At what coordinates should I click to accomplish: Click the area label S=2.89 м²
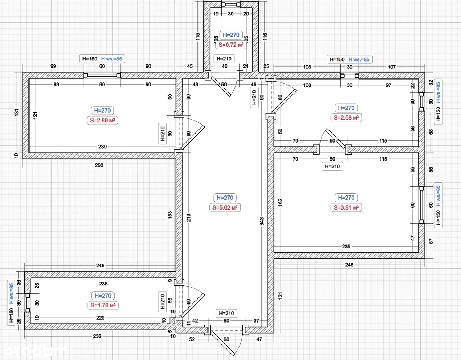pos(102,120)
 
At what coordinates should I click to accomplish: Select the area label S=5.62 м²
pos(225,207)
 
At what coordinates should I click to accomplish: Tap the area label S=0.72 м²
pos(231,45)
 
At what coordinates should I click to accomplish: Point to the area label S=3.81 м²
pos(346,207)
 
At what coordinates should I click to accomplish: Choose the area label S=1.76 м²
pos(103,305)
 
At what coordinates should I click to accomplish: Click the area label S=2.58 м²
pos(346,117)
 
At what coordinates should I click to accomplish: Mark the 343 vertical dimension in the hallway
pos(262,221)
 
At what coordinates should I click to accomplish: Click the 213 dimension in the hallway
pos(189,217)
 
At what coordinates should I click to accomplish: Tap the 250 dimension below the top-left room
pos(99,165)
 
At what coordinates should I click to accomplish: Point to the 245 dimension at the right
pos(349,265)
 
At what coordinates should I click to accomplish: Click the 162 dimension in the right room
pos(281,202)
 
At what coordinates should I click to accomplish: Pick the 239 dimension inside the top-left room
pos(102,147)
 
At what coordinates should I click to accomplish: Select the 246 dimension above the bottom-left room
pos(100,265)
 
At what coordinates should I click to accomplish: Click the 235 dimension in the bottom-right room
pos(346,247)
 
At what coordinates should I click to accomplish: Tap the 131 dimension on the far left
pos(16,112)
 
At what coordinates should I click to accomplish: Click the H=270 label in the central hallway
pos(225,198)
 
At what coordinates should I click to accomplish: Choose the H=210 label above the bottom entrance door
pos(227,313)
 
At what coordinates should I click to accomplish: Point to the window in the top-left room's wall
pos(102,75)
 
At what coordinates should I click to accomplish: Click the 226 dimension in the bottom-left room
pos(100,318)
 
